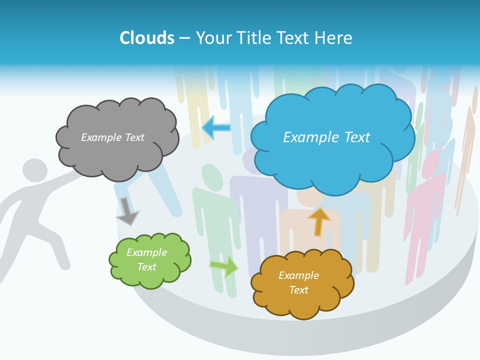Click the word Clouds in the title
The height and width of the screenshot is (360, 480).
click(147, 38)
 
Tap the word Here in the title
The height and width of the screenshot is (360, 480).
click(333, 38)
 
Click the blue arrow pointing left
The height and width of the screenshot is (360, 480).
click(216, 127)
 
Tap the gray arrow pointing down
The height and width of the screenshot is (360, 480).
click(127, 211)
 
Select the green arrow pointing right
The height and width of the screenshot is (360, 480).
click(224, 266)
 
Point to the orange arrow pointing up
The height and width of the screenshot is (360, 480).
click(318, 221)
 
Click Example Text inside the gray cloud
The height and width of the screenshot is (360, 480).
click(112, 137)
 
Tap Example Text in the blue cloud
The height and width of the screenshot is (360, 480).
click(326, 137)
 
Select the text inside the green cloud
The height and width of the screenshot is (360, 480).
click(147, 259)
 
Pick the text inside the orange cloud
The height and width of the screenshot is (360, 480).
click(298, 282)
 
